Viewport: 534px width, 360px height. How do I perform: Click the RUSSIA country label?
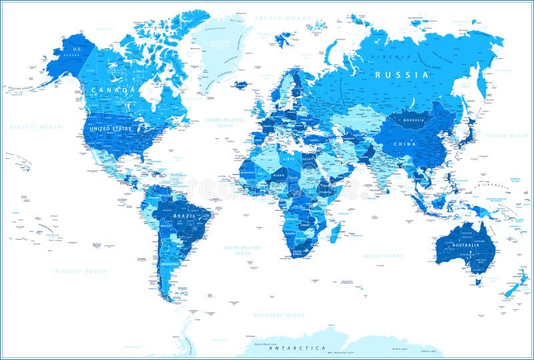[401, 75]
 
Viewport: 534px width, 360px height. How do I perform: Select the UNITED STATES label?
[111, 128]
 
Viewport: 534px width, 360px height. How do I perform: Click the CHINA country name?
[405, 144]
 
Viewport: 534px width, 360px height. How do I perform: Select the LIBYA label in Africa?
[289, 159]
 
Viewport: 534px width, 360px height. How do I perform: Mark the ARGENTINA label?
[170, 264]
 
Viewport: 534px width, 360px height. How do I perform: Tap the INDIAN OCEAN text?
[382, 256]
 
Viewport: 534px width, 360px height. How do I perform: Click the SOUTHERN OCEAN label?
[278, 315]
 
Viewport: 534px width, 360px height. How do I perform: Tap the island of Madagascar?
[336, 230]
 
